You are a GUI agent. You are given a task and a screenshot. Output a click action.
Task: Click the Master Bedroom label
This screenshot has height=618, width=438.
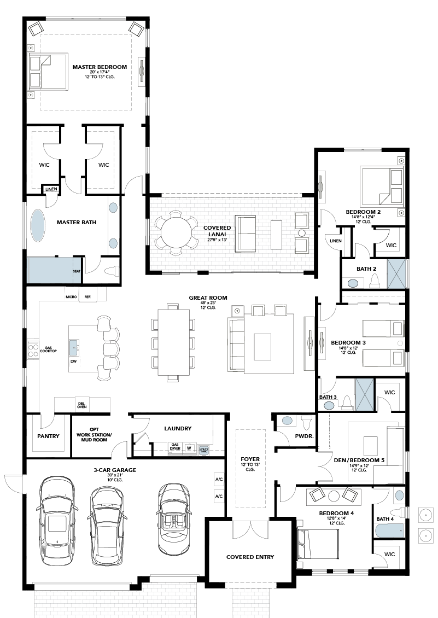pos(100,67)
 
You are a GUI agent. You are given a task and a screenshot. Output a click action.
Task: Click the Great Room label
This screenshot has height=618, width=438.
pos(208,298)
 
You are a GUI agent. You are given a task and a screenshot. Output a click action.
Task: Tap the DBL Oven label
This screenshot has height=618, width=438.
pos(82,405)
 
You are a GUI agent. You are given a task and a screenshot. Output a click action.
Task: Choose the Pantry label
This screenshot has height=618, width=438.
pos(48,436)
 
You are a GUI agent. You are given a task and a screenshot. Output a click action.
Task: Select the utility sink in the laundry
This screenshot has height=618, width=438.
pos(203,449)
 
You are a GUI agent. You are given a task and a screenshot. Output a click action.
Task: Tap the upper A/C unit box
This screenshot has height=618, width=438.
pos(219,480)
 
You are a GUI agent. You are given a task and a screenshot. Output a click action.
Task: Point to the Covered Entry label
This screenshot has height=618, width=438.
pos(250,557)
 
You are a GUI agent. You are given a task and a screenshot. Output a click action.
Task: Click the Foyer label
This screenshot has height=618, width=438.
pos(250,459)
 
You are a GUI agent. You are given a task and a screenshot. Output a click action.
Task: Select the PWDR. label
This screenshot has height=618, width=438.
pos(305,436)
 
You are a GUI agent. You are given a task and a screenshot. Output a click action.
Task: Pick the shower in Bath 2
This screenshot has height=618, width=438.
pos(396,274)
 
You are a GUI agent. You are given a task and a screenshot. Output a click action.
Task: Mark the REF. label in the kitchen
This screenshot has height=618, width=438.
pos(87,297)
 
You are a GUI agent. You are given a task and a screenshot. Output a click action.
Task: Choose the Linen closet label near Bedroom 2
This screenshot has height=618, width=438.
pos(336,241)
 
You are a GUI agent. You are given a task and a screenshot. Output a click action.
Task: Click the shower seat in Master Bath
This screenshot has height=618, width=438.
pos(77,271)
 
